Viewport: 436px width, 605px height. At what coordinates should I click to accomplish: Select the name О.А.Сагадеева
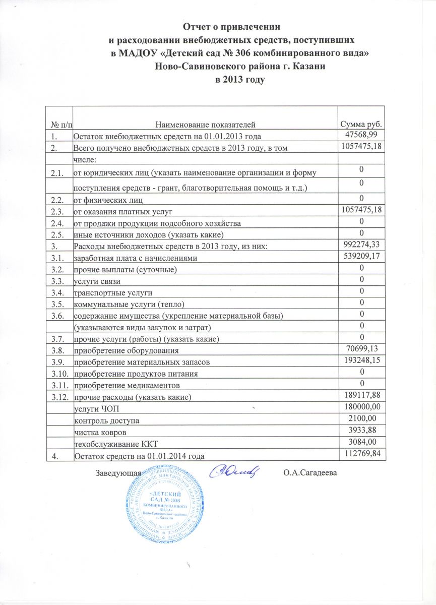pos(309,472)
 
